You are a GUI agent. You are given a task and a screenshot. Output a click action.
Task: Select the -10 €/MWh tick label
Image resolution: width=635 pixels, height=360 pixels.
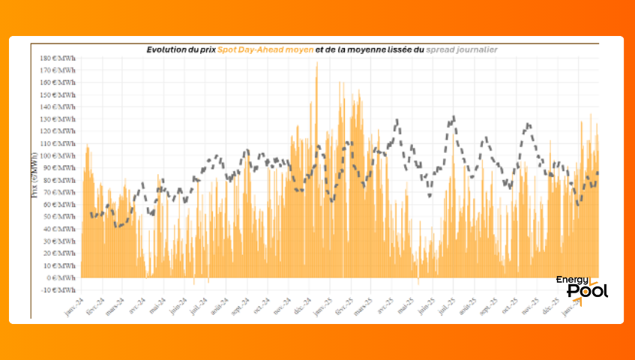click(x=60, y=290)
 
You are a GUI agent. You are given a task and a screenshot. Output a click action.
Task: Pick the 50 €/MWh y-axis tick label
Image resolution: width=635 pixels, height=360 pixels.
click(x=61, y=217)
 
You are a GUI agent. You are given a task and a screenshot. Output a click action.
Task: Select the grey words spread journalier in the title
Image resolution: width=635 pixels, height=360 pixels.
click(x=461, y=49)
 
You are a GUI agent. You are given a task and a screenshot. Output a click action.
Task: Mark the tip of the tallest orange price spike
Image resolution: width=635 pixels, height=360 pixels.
click(x=316, y=62)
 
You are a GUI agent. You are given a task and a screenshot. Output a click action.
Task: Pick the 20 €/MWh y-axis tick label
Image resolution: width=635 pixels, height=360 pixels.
click(x=61, y=253)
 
